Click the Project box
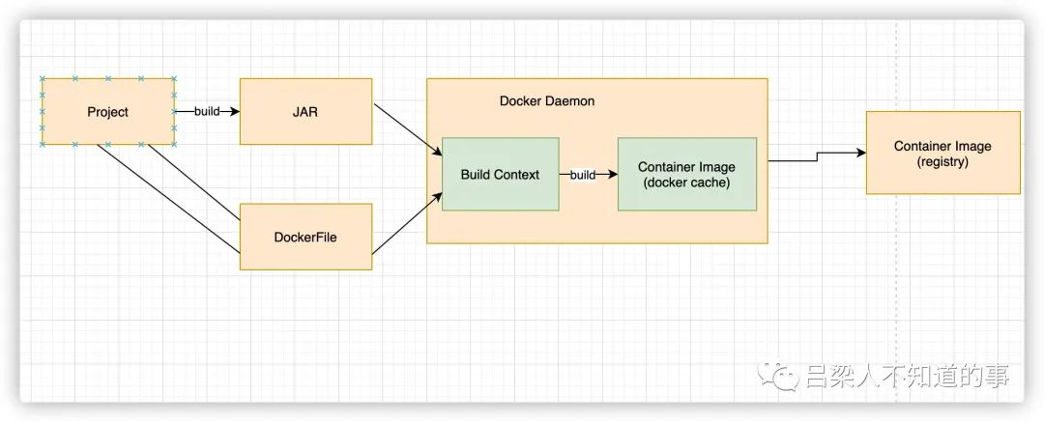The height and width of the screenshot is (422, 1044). tap(108, 111)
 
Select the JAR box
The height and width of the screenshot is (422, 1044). tap(305, 111)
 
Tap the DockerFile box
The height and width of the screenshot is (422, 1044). tap(305, 237)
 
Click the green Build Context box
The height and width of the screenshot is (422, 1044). tap(500, 175)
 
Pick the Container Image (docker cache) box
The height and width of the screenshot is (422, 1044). tap(687, 175)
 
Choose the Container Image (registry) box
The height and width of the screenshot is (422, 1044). tap(942, 153)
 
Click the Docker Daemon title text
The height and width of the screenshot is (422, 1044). tap(546, 101)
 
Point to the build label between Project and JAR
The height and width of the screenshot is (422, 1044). tap(207, 111)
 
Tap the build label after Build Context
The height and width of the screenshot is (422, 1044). tap(583, 175)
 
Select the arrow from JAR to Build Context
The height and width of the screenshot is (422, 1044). tap(408, 129)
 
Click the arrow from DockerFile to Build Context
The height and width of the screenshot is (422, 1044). tap(407, 223)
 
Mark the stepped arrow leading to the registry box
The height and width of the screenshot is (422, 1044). tap(817, 156)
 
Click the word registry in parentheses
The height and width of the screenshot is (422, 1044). tap(942, 161)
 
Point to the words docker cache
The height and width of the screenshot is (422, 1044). tap(687, 183)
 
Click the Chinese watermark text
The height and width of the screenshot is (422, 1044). tap(907, 376)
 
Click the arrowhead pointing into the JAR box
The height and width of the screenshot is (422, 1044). tap(234, 111)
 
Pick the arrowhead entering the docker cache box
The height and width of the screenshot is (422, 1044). tap(613, 175)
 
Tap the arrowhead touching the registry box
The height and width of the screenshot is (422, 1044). tap(861, 153)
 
